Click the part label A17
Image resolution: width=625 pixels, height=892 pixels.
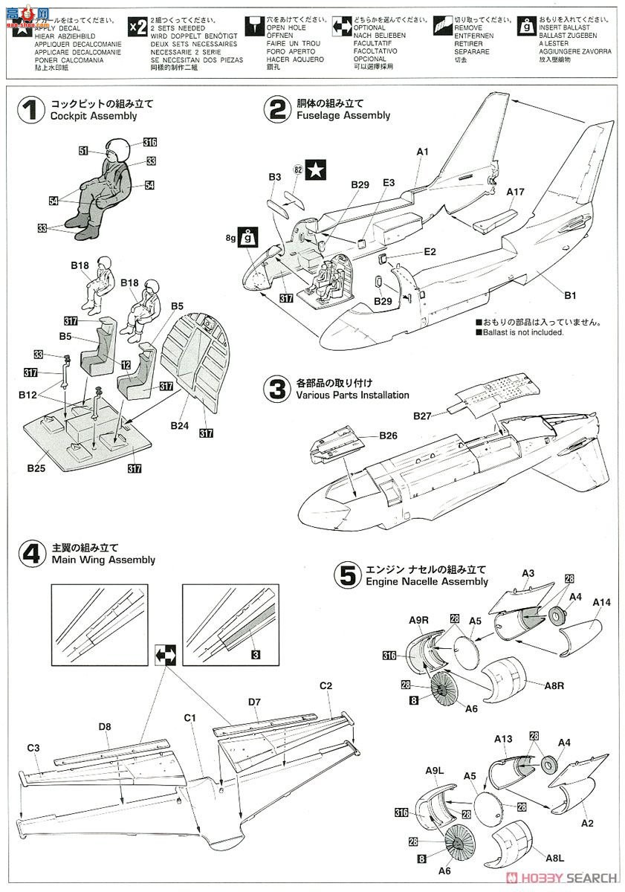(515, 192)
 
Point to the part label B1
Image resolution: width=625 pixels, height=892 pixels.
(569, 295)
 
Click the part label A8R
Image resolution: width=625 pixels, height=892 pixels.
(552, 686)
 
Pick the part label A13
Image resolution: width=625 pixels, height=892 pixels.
(503, 738)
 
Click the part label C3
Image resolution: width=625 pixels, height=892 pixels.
(33, 747)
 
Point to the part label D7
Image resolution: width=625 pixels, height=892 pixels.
(254, 701)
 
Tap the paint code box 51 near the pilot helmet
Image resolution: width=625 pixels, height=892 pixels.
(83, 151)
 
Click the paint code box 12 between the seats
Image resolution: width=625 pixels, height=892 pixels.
(126, 365)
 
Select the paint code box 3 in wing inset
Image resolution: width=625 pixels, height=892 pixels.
(255, 655)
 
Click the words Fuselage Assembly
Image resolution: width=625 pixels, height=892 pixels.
(343, 115)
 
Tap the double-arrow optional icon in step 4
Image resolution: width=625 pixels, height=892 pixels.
(164, 655)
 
